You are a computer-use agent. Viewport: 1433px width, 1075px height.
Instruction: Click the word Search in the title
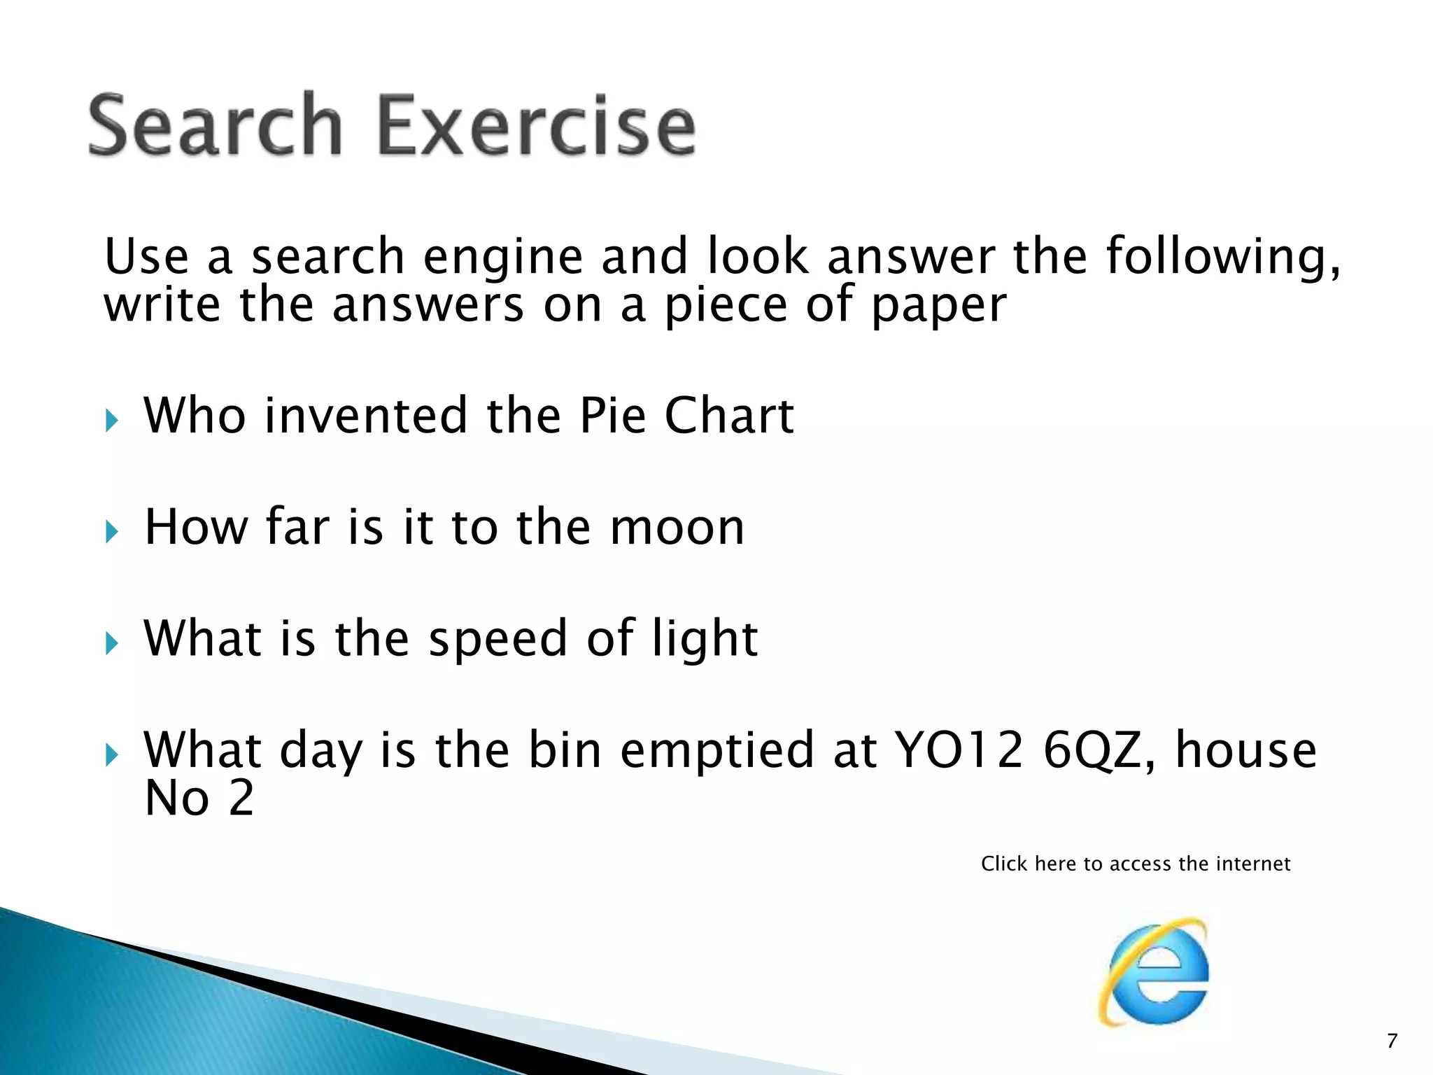[216, 126]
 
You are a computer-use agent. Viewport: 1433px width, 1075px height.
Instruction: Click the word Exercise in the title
[536, 126]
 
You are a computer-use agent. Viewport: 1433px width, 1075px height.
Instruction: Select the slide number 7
[1392, 1041]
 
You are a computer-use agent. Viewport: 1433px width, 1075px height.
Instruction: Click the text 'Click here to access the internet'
[1135, 864]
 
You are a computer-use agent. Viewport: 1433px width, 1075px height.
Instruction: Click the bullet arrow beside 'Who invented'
[112, 421]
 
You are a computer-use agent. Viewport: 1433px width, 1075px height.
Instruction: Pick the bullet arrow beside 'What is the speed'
[112, 643]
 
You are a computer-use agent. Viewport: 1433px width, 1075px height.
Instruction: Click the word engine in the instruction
[502, 258]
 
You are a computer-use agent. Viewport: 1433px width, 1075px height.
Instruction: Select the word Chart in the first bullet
[728, 416]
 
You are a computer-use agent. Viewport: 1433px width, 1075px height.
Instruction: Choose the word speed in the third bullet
[497, 640]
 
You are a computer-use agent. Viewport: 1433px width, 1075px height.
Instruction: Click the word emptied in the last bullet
[717, 751]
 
